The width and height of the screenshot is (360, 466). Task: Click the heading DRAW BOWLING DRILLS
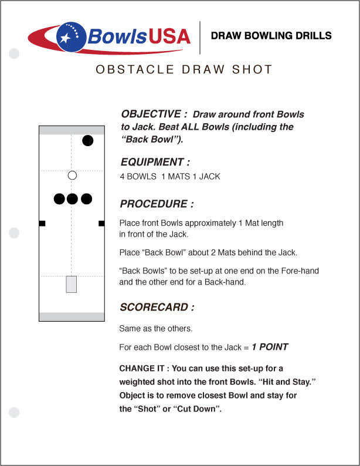(271, 36)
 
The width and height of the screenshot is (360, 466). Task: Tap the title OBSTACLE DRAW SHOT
(184, 70)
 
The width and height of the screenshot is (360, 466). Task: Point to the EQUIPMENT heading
(155, 162)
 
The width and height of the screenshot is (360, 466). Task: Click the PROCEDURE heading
(157, 204)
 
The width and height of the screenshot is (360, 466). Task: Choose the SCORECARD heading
(157, 307)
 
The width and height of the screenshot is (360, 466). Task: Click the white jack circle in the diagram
(72, 175)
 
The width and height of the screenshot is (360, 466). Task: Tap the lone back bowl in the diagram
(87, 140)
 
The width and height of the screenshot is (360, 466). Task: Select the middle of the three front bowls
(72, 199)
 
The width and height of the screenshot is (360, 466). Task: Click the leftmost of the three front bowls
(59, 199)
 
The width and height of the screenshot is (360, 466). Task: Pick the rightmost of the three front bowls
(86, 199)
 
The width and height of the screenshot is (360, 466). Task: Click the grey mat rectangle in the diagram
(72, 284)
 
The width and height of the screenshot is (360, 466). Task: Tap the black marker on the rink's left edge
(42, 223)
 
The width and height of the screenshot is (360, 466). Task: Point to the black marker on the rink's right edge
(101, 223)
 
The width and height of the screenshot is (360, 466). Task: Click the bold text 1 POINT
(270, 347)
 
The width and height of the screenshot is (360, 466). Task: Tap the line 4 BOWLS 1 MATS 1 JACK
(170, 176)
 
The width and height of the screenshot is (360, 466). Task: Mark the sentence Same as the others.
(155, 328)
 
